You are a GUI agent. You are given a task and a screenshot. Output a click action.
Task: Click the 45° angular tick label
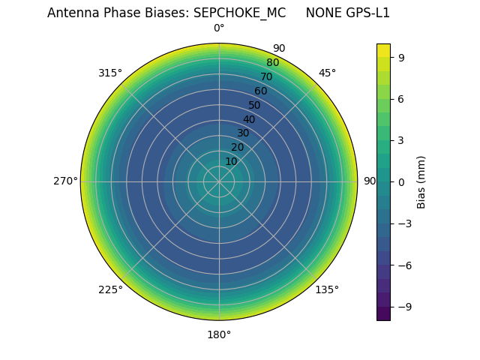(327, 73)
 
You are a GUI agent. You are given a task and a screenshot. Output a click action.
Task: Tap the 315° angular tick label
(110, 73)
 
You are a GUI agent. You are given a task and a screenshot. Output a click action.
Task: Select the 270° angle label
(65, 181)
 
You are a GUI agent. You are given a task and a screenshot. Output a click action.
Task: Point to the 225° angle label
(110, 290)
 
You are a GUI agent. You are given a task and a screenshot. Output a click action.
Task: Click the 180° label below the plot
(219, 334)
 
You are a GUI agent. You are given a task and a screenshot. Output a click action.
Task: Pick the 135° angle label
(327, 290)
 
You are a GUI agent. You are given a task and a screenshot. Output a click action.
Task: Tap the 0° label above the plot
(219, 28)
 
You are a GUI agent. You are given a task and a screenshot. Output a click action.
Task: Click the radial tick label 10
(231, 161)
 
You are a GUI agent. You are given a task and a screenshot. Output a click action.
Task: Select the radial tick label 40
(249, 120)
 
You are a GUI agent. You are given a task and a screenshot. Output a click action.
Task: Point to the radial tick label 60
(261, 91)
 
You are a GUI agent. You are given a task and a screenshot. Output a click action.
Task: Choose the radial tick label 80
(273, 63)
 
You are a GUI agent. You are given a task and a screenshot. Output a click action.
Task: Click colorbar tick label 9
(401, 57)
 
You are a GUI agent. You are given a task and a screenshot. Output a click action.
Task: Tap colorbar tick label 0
(401, 181)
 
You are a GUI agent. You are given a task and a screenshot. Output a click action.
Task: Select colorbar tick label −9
(404, 307)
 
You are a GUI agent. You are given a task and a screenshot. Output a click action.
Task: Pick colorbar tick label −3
(404, 223)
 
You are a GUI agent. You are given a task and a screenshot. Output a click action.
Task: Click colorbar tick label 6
(401, 99)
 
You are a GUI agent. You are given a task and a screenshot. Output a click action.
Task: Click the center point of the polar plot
(219, 181)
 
